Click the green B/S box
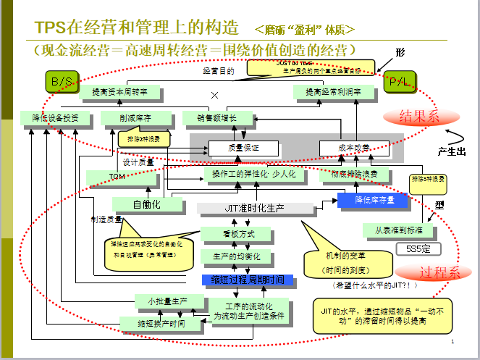click(61, 81)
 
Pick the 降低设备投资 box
click(50, 118)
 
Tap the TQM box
click(117, 176)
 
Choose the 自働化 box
click(147, 204)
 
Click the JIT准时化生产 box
click(254, 209)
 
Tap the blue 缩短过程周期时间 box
click(247, 280)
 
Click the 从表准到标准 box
click(399, 230)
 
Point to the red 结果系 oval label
click(410, 115)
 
